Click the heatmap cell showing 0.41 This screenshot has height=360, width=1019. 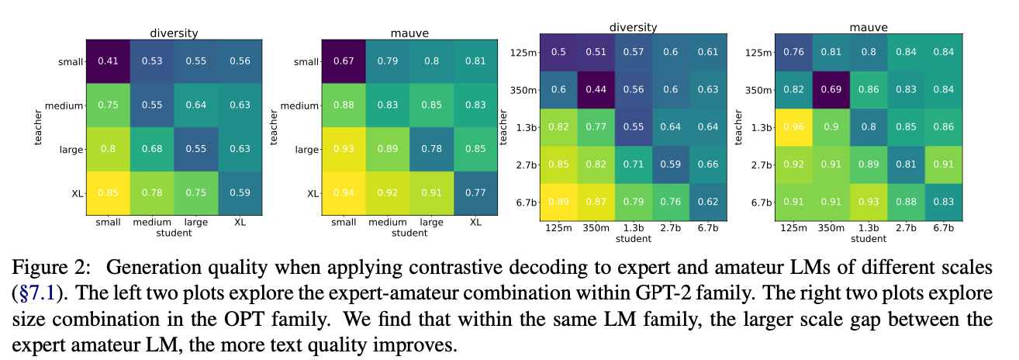107,61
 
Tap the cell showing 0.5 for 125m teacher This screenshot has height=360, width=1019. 559,52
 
